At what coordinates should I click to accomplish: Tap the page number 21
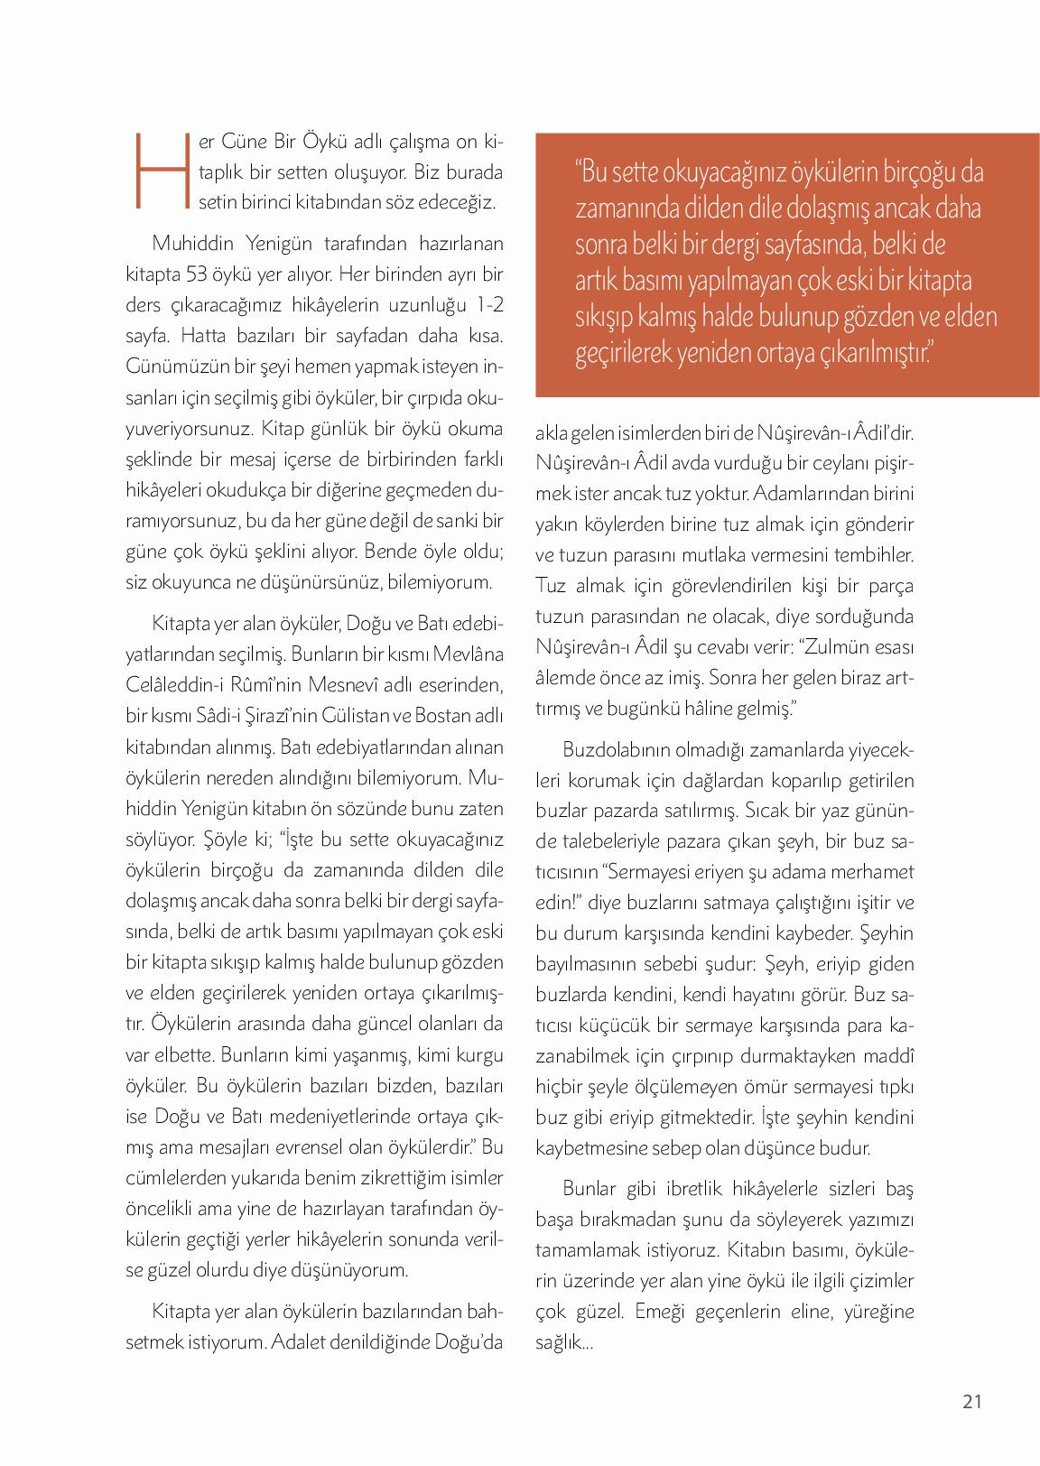(972, 1401)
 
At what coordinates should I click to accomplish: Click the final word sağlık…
(563, 1341)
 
